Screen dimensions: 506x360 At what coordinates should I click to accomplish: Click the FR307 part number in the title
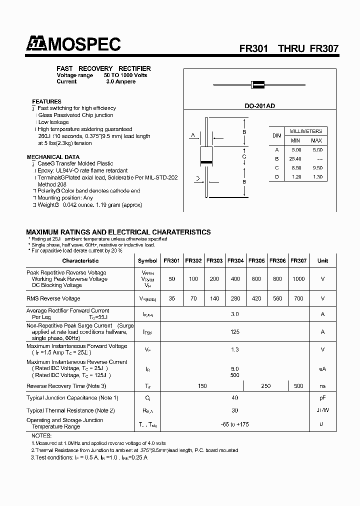(324, 49)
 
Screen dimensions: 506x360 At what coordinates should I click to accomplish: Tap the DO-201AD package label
(258, 106)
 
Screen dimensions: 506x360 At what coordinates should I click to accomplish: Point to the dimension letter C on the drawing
(244, 157)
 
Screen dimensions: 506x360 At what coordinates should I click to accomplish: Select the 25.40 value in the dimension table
(295, 158)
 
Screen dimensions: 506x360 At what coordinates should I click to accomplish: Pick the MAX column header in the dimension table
(316, 140)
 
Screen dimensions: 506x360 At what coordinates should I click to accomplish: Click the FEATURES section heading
(46, 101)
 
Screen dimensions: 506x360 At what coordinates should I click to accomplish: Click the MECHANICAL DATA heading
(52, 157)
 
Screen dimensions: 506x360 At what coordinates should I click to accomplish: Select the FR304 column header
(235, 260)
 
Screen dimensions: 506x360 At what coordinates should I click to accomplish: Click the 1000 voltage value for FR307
(298, 279)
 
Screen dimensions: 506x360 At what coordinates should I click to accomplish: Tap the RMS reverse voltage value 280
(235, 298)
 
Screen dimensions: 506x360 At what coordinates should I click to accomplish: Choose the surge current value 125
(235, 332)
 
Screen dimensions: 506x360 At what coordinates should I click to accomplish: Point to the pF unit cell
(322, 398)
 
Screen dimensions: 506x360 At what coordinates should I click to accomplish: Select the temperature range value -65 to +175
(235, 424)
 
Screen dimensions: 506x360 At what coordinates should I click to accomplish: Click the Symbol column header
(147, 260)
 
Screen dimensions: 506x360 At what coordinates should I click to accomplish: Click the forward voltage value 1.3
(235, 350)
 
